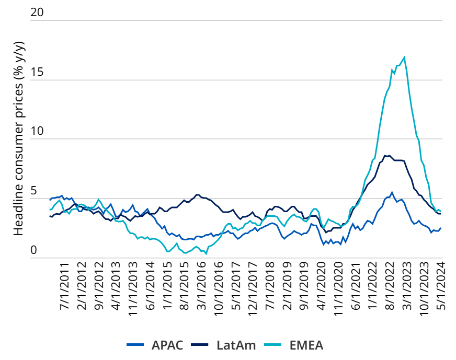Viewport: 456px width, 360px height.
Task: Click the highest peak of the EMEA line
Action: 404,57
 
